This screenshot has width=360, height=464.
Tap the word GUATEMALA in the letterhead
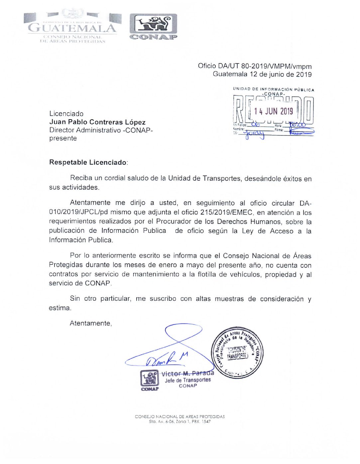(x=72, y=28)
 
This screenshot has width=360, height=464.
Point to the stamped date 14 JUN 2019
(x=274, y=111)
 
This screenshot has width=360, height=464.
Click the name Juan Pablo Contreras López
(x=97, y=122)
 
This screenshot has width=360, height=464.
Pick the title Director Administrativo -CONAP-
(x=101, y=130)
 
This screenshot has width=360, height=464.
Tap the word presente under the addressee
(x=63, y=139)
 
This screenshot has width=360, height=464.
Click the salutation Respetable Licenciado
(x=88, y=162)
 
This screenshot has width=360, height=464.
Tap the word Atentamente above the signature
(x=90, y=323)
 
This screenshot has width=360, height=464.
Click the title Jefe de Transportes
(x=188, y=380)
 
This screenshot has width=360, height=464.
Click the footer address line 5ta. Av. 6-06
(x=180, y=422)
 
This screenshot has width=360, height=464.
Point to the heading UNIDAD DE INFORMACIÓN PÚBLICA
(x=273, y=89)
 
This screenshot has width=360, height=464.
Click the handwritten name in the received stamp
(x=255, y=134)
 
